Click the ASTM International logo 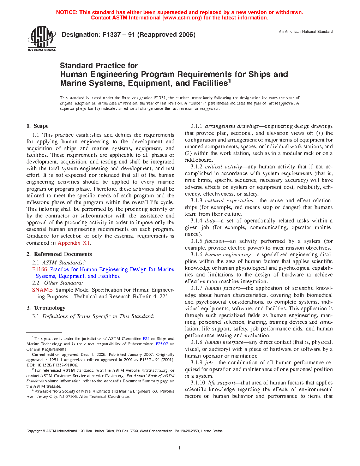tap(42, 39)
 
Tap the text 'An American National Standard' tap(306, 31)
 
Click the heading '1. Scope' tap(37, 126)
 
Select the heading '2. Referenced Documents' tap(59, 254)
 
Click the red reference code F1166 tap(40, 269)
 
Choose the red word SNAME tap(42, 290)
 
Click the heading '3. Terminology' tap(46, 308)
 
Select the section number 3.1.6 tap(197, 255)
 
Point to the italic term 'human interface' tap(224, 342)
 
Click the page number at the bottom tap(180, 448)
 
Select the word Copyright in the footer tap(34, 431)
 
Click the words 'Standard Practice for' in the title tap(99, 66)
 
